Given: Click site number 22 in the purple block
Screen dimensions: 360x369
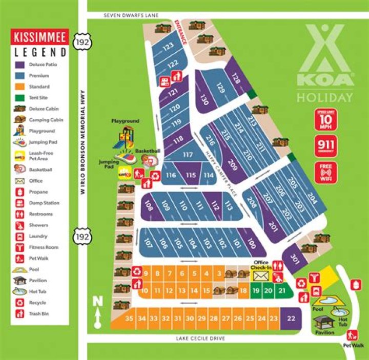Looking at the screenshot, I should [292, 319].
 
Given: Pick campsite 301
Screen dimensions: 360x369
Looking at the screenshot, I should [294, 258].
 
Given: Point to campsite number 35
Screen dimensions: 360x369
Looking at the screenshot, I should [130, 319].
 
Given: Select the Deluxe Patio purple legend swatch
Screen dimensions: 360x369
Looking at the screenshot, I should [19, 65].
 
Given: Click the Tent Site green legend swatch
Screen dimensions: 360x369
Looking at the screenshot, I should [19, 97].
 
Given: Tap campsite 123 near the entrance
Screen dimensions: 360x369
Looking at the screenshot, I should [168, 47].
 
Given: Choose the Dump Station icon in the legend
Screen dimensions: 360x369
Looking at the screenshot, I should [19, 203].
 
